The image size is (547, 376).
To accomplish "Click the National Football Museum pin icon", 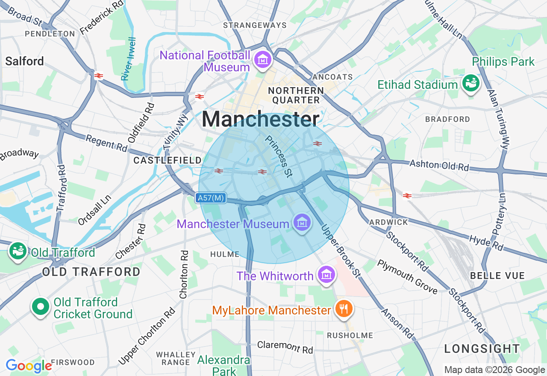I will (263, 60).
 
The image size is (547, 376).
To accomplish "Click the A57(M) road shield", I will (211, 198).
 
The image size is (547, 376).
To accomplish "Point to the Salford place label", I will (24, 61).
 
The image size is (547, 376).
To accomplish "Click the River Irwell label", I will (128, 59).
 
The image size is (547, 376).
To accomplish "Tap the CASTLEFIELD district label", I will (168, 160).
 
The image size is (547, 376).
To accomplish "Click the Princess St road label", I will (279, 156).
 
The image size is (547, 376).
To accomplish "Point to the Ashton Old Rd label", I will (439, 165).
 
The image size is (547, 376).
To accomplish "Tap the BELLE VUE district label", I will (497, 276).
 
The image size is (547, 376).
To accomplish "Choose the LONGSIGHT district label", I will (482, 349).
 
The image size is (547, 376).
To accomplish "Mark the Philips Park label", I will (503, 62).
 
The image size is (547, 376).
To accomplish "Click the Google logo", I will (29, 366).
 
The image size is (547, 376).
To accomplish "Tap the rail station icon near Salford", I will (99, 76).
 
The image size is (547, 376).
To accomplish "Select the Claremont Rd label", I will (285, 347).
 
